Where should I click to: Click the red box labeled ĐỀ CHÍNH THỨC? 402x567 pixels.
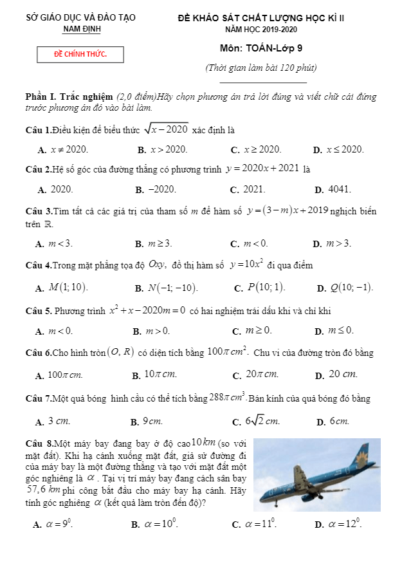click(x=80, y=55)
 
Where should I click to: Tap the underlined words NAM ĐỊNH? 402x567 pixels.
click(x=82, y=30)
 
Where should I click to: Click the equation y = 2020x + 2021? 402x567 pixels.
click(x=262, y=169)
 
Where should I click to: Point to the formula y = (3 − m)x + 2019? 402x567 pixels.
click(x=288, y=210)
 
